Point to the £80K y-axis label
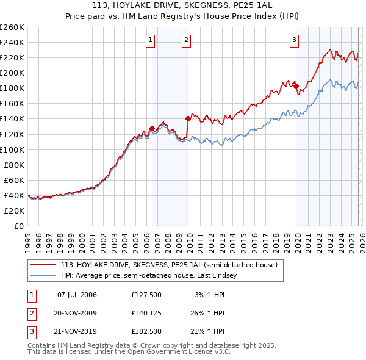(x=14, y=165)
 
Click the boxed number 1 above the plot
(x=151, y=41)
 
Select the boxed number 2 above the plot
(x=186, y=41)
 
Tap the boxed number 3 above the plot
(x=294, y=41)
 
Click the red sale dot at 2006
(x=152, y=128)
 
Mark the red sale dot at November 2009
(x=188, y=118)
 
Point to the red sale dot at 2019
(x=296, y=86)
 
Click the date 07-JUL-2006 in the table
(x=77, y=295)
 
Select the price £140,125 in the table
(x=146, y=313)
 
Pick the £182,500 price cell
(x=146, y=331)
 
